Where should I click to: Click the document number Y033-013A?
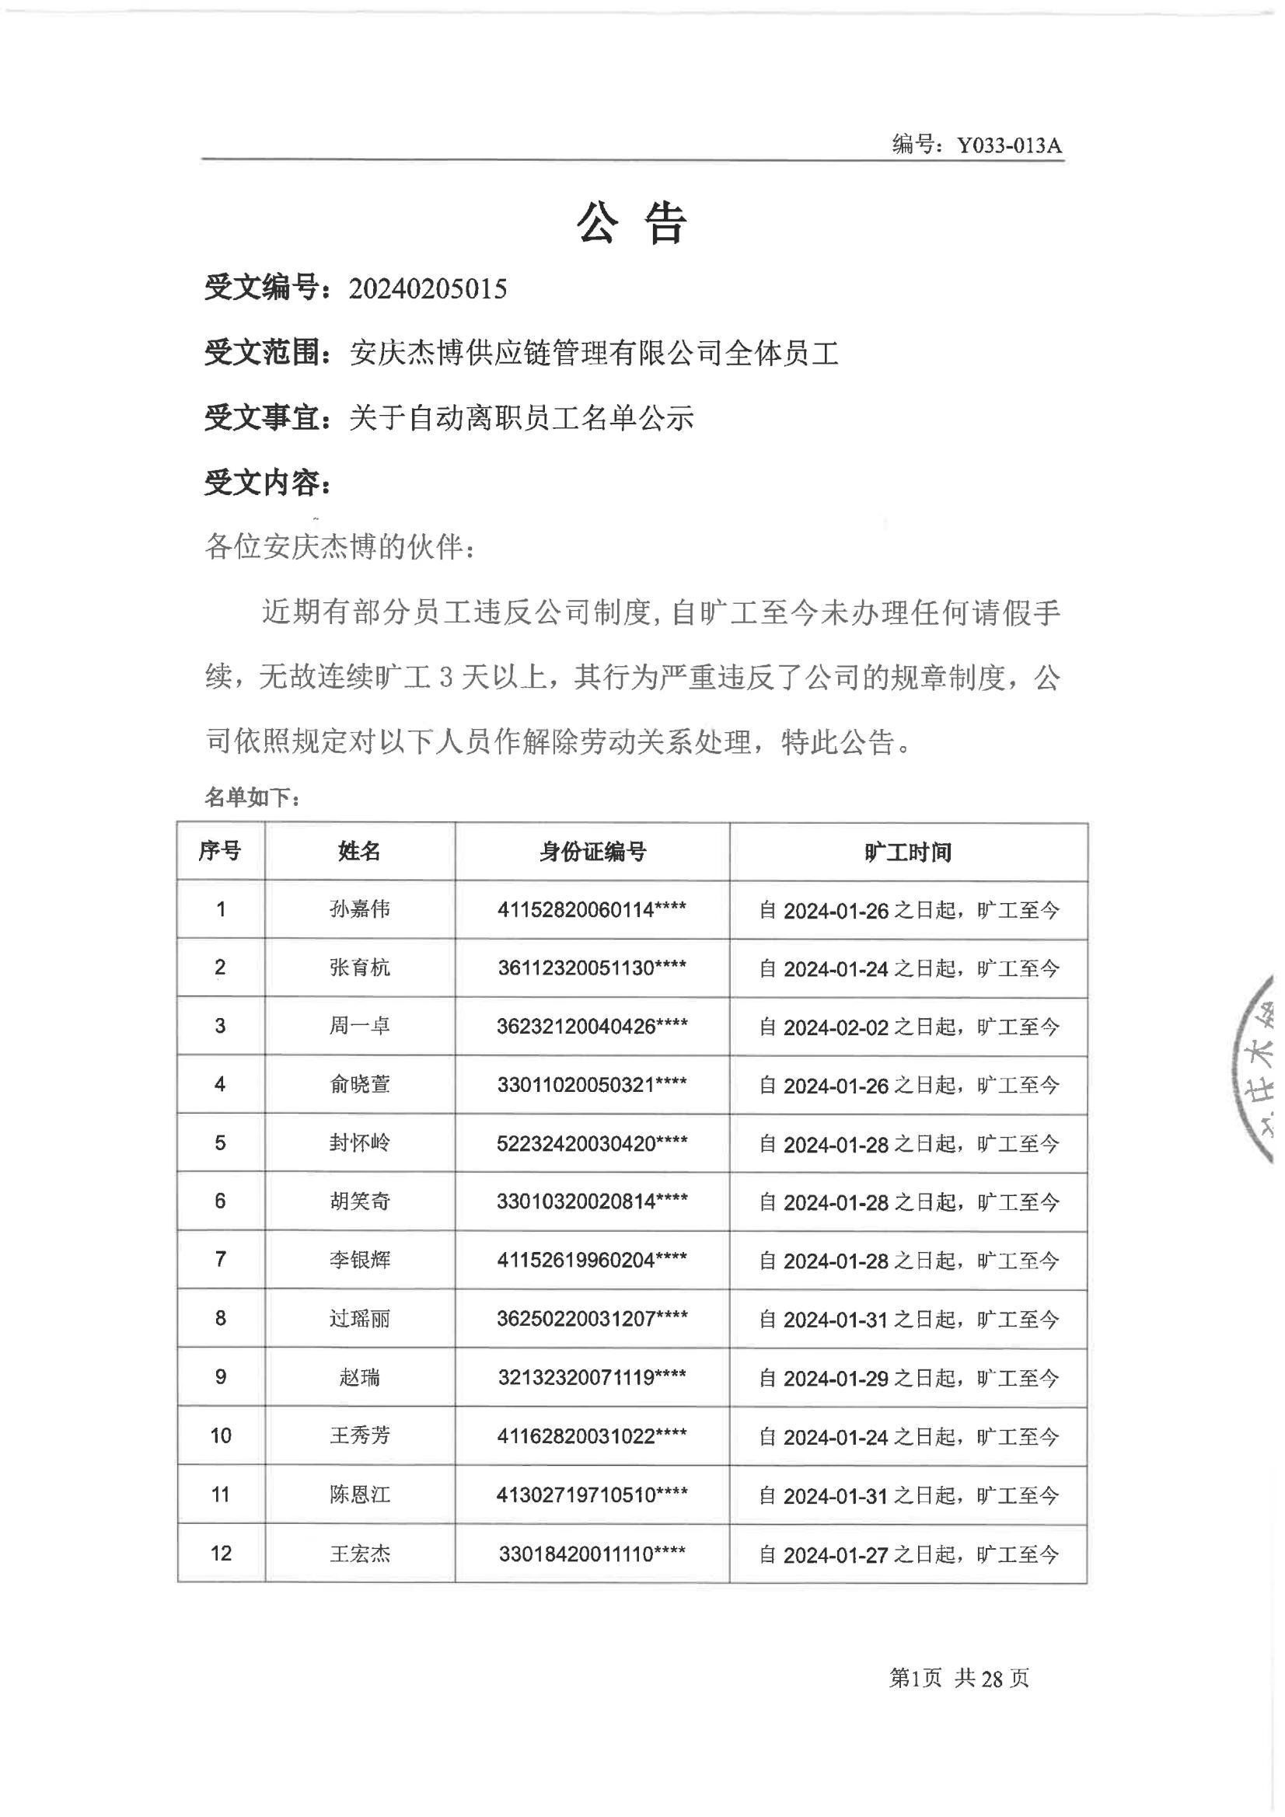tap(1009, 145)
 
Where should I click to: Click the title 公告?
tap(631, 223)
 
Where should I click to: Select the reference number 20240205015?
tap(428, 289)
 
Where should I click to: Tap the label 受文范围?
tap(267, 352)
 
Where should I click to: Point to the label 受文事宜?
tap(267, 417)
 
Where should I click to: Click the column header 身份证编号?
tap(592, 852)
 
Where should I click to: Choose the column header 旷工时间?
tap(907, 853)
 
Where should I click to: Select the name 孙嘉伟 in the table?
tap(359, 909)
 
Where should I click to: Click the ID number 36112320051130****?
tap(592, 968)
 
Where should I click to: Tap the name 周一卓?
tap(359, 1027)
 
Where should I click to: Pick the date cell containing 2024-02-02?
tap(908, 1027)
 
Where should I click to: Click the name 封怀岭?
tap(359, 1142)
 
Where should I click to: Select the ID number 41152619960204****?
tap(592, 1260)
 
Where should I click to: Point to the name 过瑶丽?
tap(359, 1318)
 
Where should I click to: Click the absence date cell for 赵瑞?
tap(908, 1378)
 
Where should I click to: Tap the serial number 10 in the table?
tap(221, 1435)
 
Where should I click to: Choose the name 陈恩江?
tap(359, 1495)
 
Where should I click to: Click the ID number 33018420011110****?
tap(592, 1554)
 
